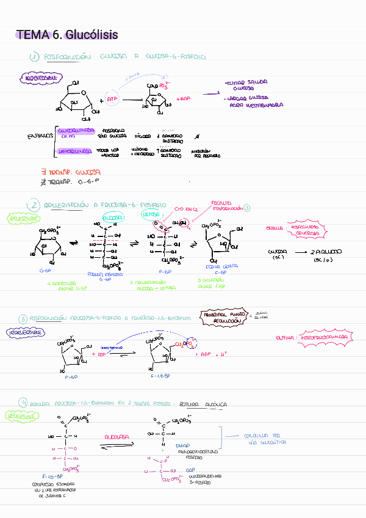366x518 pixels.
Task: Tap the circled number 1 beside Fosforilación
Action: pyautogui.click(x=35, y=57)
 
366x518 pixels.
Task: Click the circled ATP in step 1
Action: pyautogui.click(x=112, y=98)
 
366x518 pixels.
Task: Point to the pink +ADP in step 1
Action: pyautogui.click(x=182, y=98)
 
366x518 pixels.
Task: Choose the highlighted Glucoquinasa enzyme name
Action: pyautogui.click(x=76, y=131)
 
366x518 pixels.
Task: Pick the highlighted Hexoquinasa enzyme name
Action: pyautogui.click(x=75, y=150)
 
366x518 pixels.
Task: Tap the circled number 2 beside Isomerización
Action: pyautogui.click(x=35, y=205)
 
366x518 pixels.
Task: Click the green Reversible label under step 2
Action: pyautogui.click(x=24, y=218)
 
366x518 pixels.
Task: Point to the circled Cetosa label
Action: pyautogui.click(x=151, y=216)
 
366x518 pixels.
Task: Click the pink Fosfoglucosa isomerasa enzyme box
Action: pyautogui.click(x=310, y=229)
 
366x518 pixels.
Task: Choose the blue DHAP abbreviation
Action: pyautogui.click(x=182, y=447)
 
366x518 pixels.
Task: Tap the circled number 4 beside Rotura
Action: pyautogui.click(x=23, y=404)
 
